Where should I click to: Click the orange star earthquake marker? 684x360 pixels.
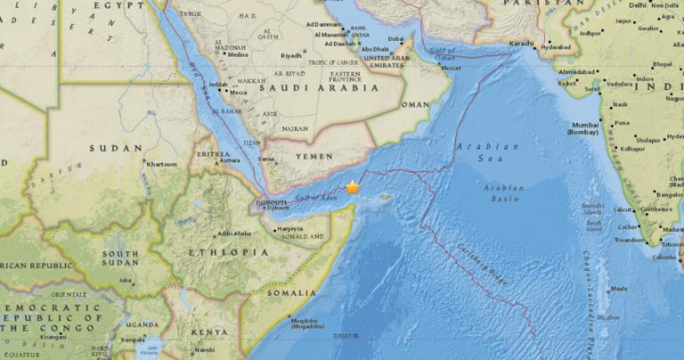(x=353, y=187)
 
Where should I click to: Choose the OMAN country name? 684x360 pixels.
(x=416, y=104)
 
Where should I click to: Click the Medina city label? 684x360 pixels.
(x=238, y=54)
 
